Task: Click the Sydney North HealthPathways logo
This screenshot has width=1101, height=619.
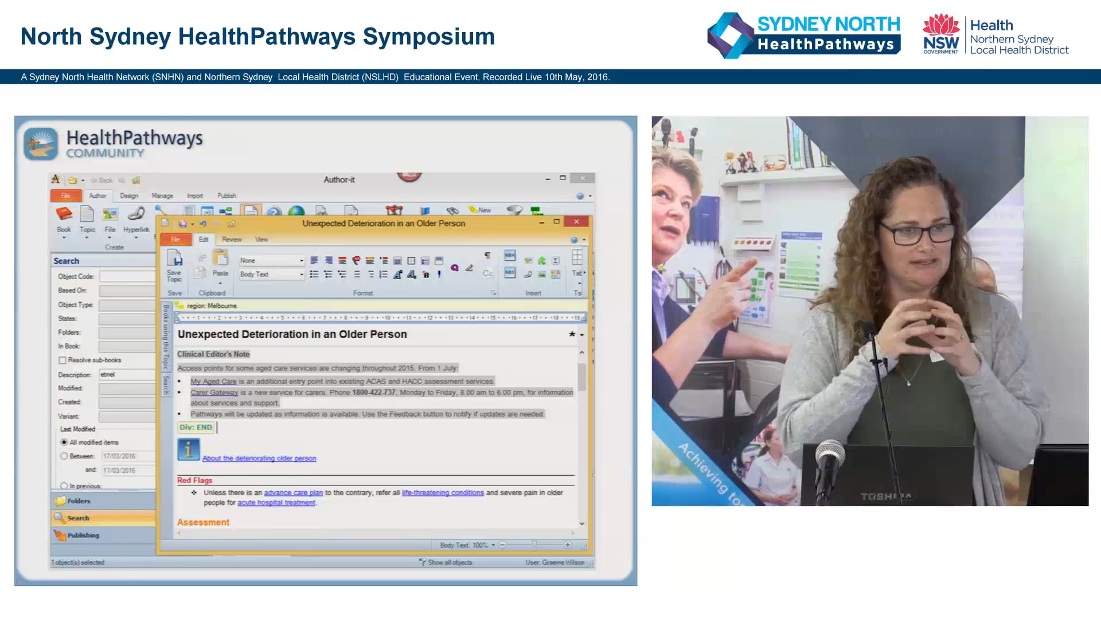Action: tap(803, 36)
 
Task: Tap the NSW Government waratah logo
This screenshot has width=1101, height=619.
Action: tap(940, 34)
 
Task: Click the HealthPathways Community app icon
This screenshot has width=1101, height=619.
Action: tap(41, 143)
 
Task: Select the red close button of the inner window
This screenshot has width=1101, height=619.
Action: tap(576, 222)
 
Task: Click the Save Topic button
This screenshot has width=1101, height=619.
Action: tap(174, 266)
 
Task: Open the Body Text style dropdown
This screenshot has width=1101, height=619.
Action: tap(301, 275)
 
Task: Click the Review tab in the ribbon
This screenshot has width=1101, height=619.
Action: tap(232, 240)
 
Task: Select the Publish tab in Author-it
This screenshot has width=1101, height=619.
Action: tap(227, 196)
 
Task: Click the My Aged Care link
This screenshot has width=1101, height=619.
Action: tap(213, 382)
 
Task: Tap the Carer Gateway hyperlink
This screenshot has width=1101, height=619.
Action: tap(214, 393)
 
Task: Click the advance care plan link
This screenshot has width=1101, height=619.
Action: tap(293, 493)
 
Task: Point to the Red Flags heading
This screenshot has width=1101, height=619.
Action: tap(194, 480)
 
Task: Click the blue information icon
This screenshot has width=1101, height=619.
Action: tap(188, 449)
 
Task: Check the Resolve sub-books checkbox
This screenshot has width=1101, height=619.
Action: tap(63, 361)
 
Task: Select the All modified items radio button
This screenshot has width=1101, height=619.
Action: tap(64, 442)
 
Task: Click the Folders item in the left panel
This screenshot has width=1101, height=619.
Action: tap(79, 501)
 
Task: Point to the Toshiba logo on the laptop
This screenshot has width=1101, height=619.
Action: tap(886, 496)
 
